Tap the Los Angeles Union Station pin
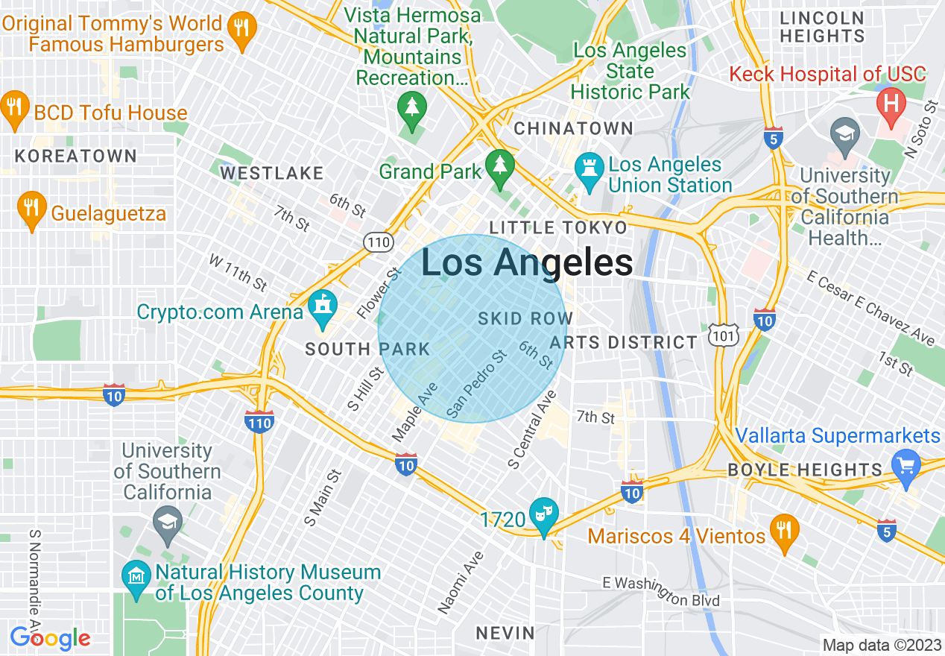click(589, 173)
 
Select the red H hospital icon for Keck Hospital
click(891, 103)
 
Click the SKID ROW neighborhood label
click(525, 319)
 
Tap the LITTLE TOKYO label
click(558, 227)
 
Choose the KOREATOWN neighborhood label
click(76, 156)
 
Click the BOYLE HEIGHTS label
click(805, 470)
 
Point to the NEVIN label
click(506, 634)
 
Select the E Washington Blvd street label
click(661, 591)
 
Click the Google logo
click(50, 638)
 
